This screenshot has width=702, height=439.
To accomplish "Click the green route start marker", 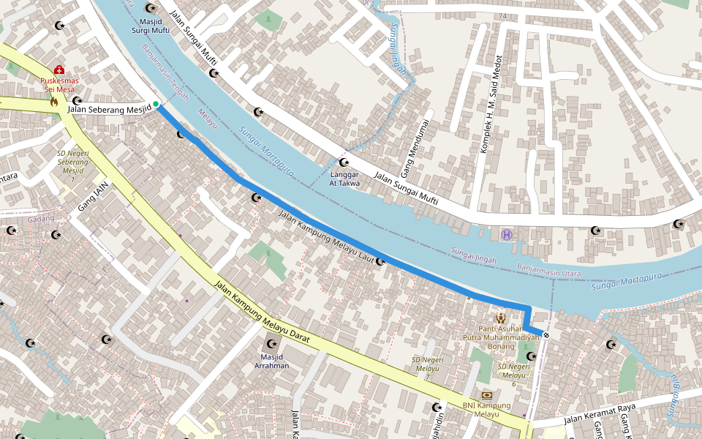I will (x=156, y=105).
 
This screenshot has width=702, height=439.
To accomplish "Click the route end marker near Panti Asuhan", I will (x=546, y=334).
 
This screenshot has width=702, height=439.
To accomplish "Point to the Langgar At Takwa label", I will (x=345, y=179).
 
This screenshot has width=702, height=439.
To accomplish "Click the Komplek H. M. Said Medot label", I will (x=490, y=103).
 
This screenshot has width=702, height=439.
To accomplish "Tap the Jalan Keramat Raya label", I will (x=599, y=413).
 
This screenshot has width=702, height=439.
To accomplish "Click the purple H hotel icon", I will (x=507, y=234).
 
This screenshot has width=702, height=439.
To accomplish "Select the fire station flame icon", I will (x=53, y=102).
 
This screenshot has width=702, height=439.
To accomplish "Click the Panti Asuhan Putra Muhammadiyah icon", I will (x=501, y=318).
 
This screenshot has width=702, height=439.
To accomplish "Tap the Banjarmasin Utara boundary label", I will (x=549, y=271).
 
